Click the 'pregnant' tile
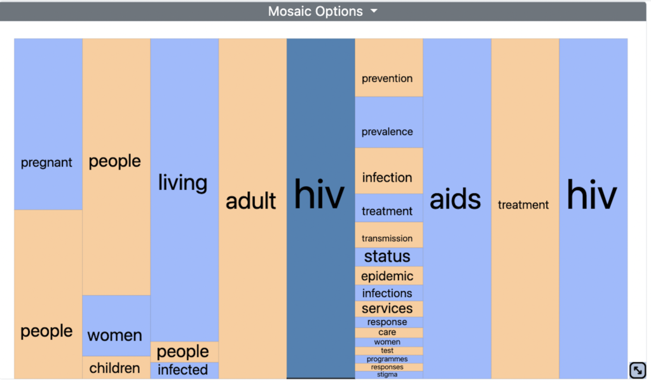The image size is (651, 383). tap(48, 124)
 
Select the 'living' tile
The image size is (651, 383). tap(184, 190)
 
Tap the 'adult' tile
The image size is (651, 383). tap(252, 208)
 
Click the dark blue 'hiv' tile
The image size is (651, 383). tap(320, 208)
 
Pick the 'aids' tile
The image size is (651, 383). tap(456, 208)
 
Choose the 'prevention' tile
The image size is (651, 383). tap(388, 67)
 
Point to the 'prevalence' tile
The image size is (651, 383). tap(388, 123)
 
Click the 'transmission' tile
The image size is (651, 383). tap(388, 235)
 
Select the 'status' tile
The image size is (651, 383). tap(388, 257)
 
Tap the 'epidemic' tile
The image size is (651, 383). tap(388, 276)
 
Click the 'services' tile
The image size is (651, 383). tap(388, 309)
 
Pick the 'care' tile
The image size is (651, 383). tap(388, 332)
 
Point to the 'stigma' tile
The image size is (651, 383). tap(388, 375)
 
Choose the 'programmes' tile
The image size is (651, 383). tap(388, 359)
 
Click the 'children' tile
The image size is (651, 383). tap(116, 367)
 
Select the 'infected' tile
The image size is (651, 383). tap(184, 370)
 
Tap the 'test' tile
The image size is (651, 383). tap(388, 351)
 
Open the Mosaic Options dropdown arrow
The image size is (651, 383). tap(374, 11)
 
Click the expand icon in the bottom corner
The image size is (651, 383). tap(637, 370)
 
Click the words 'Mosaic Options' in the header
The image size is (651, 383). tap(315, 11)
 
